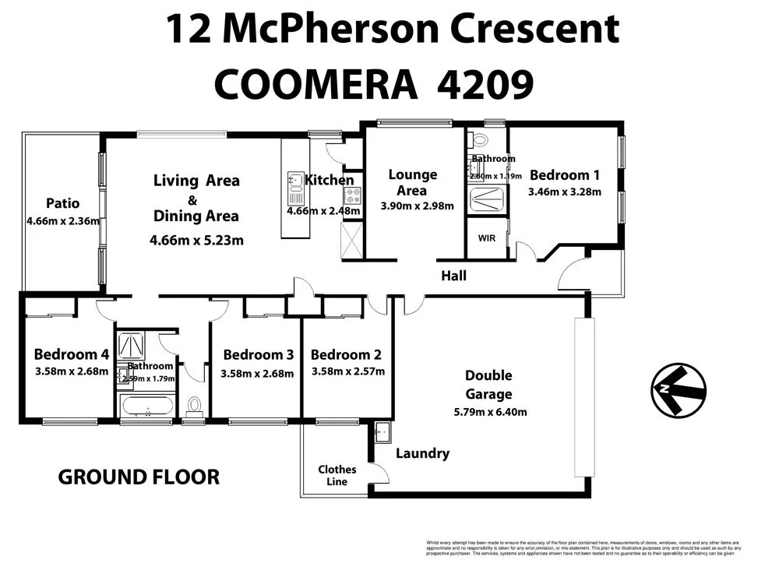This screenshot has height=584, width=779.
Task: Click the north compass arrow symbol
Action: [x=678, y=389]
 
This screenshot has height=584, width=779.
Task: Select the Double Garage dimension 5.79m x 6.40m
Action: [x=489, y=412]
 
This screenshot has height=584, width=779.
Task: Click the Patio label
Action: [x=62, y=203]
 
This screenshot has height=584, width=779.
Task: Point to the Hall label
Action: [x=453, y=275]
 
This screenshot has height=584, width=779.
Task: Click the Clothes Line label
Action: [x=337, y=475]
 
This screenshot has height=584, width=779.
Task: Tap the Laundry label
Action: [x=422, y=453]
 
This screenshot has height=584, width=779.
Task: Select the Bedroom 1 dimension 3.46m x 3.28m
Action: [x=564, y=192]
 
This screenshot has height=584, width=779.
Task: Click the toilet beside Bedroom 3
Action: [x=194, y=405]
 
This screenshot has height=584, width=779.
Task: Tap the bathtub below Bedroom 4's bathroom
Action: [x=146, y=405]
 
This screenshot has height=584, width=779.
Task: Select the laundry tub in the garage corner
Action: [x=382, y=432]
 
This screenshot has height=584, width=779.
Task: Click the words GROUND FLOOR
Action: [x=139, y=477]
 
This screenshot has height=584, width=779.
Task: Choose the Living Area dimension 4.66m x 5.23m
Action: [x=196, y=240]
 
